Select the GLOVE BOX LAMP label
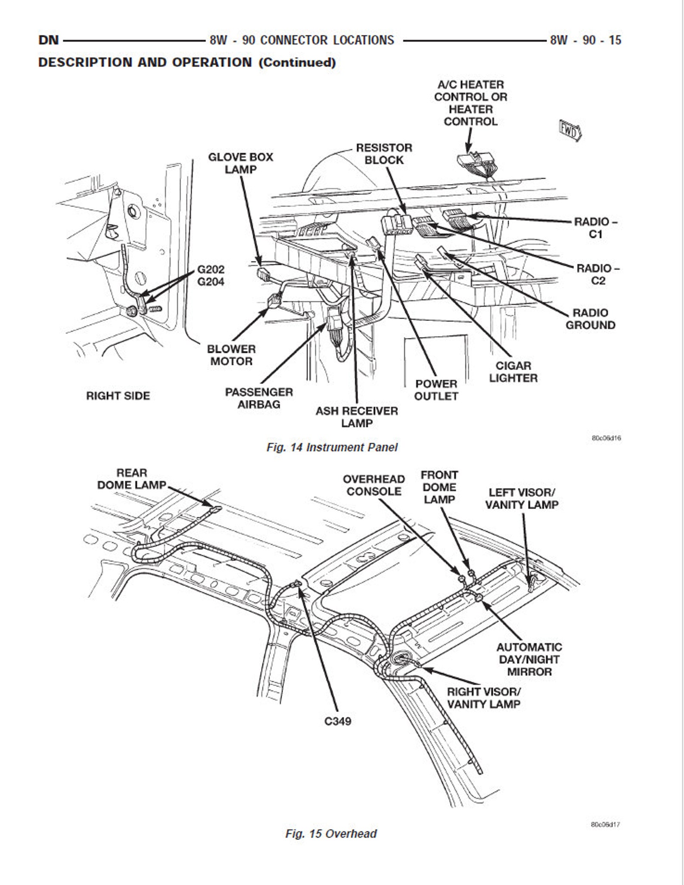coord(240,163)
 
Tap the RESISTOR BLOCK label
coord(384,154)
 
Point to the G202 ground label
coord(211,270)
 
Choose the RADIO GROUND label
coord(590,319)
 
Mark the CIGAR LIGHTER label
coord(513,372)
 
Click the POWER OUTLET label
coord(436,390)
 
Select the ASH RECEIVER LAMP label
coord(357,417)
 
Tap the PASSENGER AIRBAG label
coord(259,398)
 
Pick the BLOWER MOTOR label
coord(231,355)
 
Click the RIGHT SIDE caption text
coord(118,396)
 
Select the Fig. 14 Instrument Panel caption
coord(332,447)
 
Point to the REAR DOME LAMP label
coord(131,479)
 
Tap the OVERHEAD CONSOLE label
coord(373,485)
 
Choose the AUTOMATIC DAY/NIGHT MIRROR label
coord(529,659)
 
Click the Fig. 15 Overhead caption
coord(331,834)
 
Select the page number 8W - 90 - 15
coord(585,40)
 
